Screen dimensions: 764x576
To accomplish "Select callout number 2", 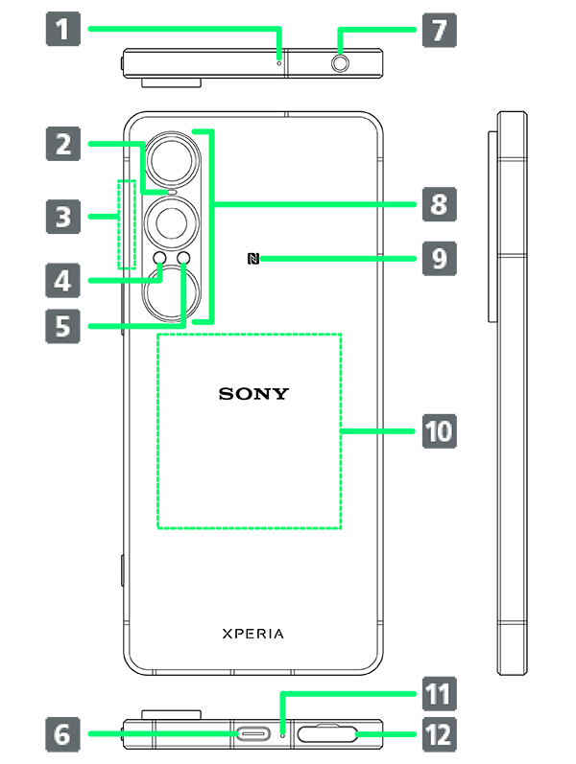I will click(x=62, y=145).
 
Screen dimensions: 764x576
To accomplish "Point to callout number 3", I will click(x=62, y=217).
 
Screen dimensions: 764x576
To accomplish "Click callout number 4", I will click(x=62, y=281).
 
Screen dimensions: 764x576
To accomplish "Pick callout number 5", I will click(x=62, y=326).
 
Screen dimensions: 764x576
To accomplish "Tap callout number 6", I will click(x=62, y=735).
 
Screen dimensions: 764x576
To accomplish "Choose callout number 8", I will click(x=439, y=204).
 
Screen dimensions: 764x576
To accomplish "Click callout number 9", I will click(x=439, y=259).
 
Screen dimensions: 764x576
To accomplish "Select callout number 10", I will click(x=439, y=431).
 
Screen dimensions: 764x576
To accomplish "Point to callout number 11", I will click(x=439, y=693).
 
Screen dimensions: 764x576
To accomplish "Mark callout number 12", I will click(x=439, y=735).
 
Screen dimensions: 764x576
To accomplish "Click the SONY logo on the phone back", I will click(x=253, y=393).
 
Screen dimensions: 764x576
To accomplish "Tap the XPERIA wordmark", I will click(x=253, y=634).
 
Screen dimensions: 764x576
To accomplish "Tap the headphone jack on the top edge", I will click(x=341, y=64).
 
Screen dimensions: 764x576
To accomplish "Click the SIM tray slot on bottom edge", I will click(x=327, y=735).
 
